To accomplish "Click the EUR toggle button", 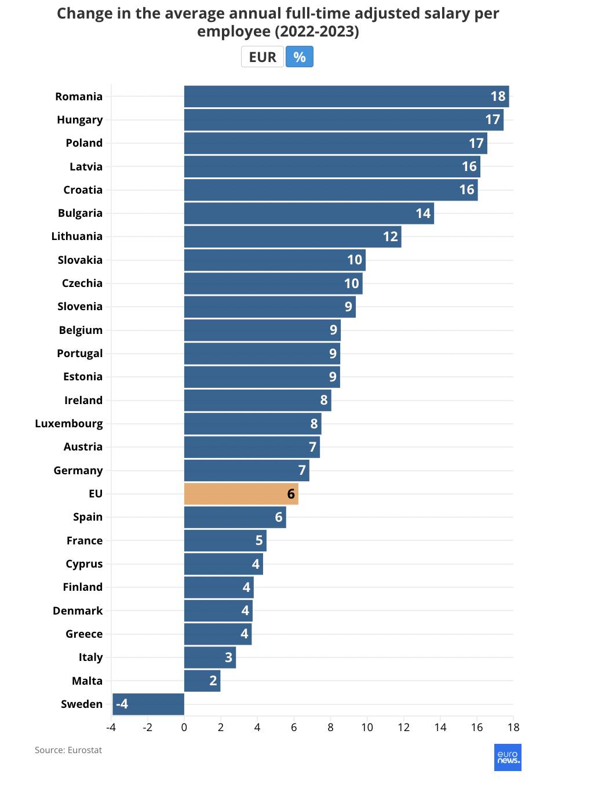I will (262, 57).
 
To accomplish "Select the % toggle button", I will (299, 57).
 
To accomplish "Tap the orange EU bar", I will (241, 493).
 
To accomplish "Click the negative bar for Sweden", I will (148, 704).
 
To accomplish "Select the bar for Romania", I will (346, 96).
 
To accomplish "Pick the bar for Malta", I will (202, 681).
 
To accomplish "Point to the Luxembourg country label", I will (69, 423).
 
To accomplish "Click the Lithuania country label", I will (76, 236).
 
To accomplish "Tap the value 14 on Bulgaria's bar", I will (423, 213).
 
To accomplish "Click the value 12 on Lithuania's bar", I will (391, 237).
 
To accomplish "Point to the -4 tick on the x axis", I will (111, 727).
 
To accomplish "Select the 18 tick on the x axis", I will (513, 727).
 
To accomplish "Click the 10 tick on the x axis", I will (367, 727).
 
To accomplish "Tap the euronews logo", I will (508, 757).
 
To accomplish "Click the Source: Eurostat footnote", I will (68, 750).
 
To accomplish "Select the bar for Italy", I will (210, 657).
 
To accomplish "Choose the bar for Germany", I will (246, 470).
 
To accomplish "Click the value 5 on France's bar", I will (259, 540).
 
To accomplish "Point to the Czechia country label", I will (82, 283).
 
